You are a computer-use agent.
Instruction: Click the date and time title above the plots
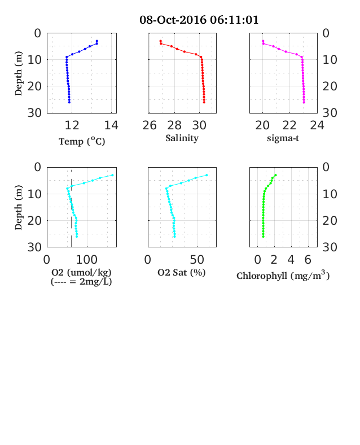[x=199, y=20]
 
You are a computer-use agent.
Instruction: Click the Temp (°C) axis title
[x=82, y=141]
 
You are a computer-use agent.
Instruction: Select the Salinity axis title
[x=182, y=138]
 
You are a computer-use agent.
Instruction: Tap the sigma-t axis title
[x=283, y=138]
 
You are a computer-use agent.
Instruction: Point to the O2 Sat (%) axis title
[x=182, y=272]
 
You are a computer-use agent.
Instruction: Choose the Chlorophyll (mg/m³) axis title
[x=283, y=275]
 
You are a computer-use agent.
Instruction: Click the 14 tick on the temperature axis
[x=111, y=125]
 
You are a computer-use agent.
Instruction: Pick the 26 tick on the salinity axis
[x=150, y=125]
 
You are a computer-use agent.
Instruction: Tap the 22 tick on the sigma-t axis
[x=289, y=125]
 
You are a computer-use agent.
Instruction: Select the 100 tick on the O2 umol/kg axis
[x=86, y=259]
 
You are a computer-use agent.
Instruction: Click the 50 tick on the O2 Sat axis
[x=197, y=259]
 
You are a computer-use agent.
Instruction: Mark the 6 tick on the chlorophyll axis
[x=308, y=259]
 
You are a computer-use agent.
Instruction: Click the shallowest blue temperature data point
[x=96, y=41]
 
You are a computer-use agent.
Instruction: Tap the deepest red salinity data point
[x=204, y=102]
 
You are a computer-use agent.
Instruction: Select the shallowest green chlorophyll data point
[x=275, y=175]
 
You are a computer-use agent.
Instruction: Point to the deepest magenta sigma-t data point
[x=304, y=102]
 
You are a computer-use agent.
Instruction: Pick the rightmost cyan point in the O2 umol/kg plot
[x=112, y=175]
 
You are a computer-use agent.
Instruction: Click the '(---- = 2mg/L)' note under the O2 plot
[x=81, y=282]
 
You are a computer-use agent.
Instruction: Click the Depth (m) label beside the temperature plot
[x=19, y=73]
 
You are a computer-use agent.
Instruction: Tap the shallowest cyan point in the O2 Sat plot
[x=207, y=175]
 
